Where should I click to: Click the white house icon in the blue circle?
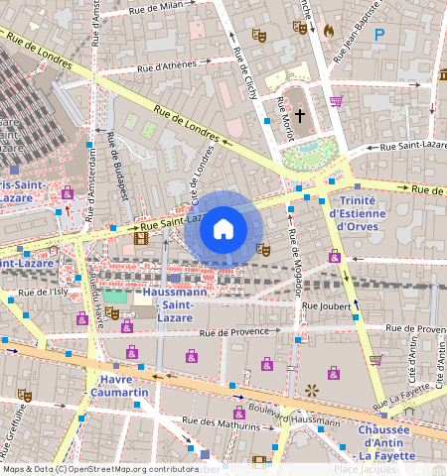223,229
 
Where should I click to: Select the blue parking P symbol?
378,34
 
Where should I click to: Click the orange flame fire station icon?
328,31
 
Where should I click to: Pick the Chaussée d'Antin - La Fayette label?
391,441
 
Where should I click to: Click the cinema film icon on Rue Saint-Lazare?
140,238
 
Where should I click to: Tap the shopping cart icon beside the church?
336,101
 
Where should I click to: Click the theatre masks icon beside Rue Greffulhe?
25,395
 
